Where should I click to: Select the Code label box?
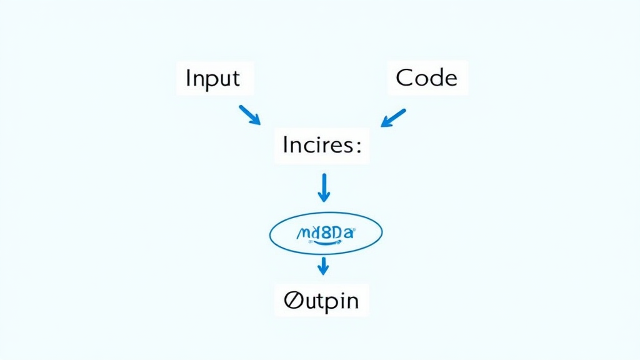pyautogui.click(x=427, y=78)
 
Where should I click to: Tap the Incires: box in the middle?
pyautogui.click(x=322, y=146)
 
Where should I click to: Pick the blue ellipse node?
pyautogui.click(x=326, y=234)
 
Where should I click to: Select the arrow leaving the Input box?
pyautogui.click(x=249, y=115)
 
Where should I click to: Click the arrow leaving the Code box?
pyautogui.click(x=393, y=117)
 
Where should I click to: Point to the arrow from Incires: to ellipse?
pyautogui.click(x=323, y=187)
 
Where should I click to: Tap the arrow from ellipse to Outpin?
pyautogui.click(x=322, y=265)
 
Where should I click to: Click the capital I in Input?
pyautogui.click(x=188, y=78)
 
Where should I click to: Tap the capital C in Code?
pyautogui.click(x=405, y=78)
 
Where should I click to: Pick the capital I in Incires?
pyautogui.click(x=285, y=146)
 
